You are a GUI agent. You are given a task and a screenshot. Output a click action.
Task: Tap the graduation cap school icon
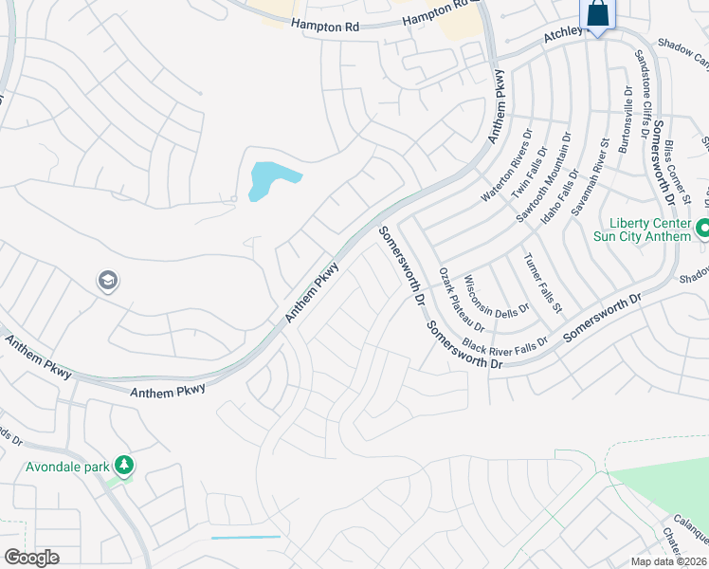107,280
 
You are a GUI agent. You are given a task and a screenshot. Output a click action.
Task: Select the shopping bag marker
597,15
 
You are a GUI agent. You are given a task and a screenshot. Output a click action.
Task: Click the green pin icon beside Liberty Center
703,229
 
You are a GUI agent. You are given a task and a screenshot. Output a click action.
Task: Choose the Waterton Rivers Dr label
503,174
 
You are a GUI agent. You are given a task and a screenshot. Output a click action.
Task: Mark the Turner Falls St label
543,283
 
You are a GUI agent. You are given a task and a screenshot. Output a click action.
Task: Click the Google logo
31,558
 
